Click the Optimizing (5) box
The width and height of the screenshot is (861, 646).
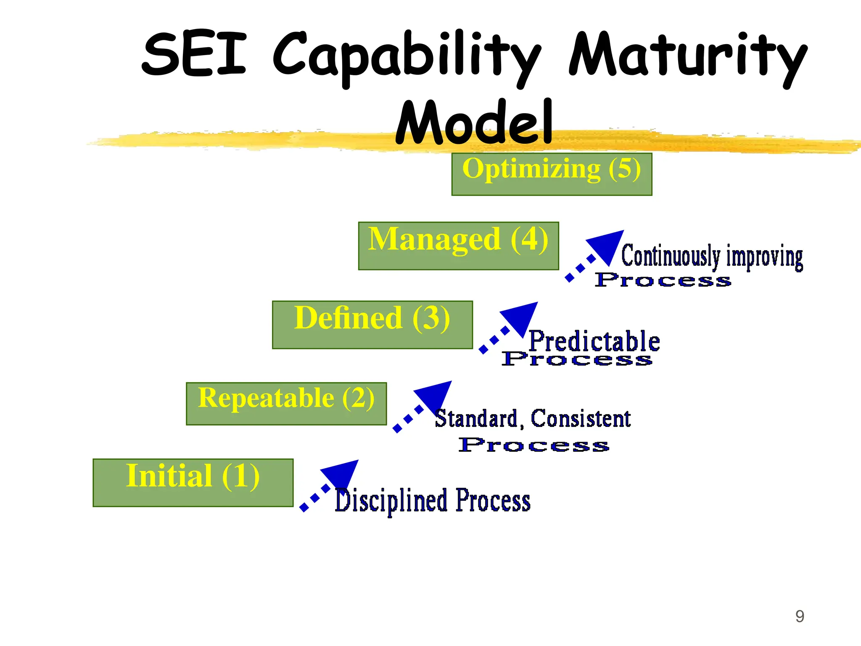(x=552, y=174)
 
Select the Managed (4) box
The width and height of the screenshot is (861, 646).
(x=458, y=246)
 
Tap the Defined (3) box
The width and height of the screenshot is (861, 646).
(x=372, y=325)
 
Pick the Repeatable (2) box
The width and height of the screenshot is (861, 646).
(x=286, y=403)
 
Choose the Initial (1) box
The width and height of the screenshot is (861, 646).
(x=193, y=482)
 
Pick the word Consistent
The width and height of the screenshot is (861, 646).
(x=581, y=418)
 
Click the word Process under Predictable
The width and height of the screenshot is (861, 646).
(x=577, y=359)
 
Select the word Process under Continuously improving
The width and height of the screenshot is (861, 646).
(x=663, y=280)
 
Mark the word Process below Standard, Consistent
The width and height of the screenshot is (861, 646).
(x=534, y=445)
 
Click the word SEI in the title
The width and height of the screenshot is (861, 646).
(x=194, y=55)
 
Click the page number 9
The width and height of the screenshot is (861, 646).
(x=800, y=616)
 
